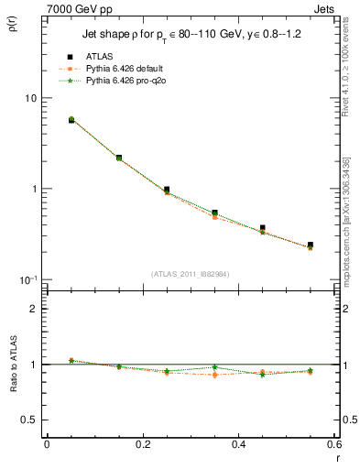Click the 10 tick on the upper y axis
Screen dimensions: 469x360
click(29, 98)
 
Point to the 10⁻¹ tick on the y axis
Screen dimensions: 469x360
click(27, 278)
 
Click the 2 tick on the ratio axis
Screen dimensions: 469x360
click(33, 309)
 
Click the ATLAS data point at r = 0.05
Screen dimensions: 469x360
click(71, 120)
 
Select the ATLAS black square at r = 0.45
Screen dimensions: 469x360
click(263, 228)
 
